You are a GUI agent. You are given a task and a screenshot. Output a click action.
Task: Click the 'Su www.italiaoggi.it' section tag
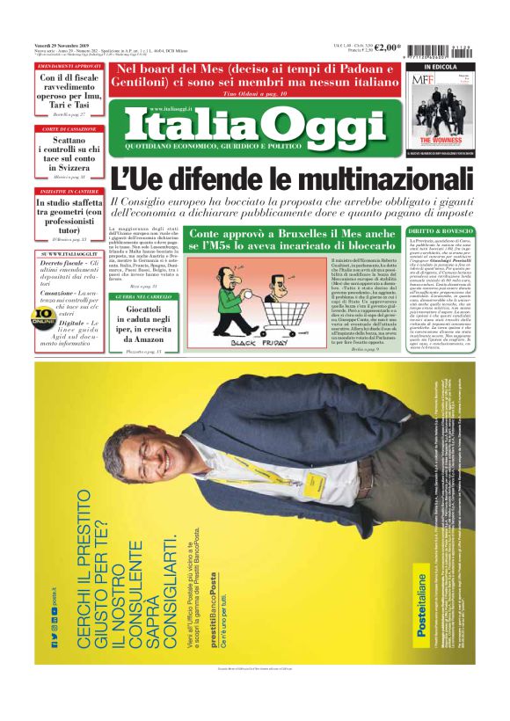pyautogui.click(x=69, y=253)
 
